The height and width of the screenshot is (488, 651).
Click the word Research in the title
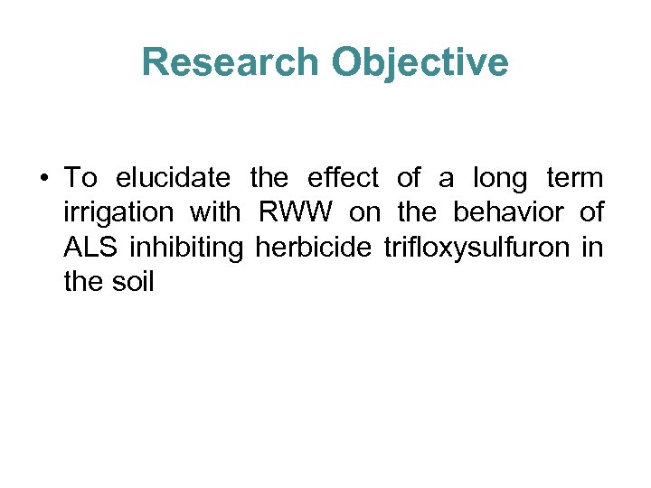(231, 62)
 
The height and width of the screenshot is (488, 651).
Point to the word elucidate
(163, 179)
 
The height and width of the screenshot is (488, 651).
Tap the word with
(215, 213)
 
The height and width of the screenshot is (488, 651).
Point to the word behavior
(510, 213)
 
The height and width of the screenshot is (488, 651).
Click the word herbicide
(314, 248)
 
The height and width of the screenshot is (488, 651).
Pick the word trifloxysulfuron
(476, 248)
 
